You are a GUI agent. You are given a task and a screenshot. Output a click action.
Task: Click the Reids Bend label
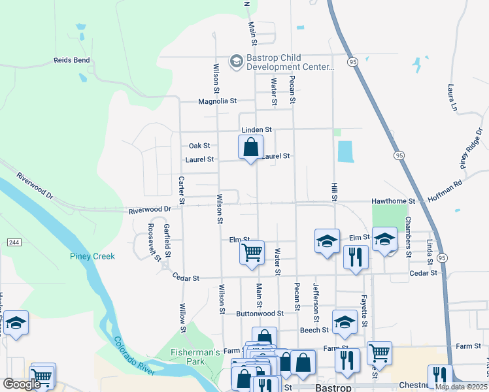(x=71, y=61)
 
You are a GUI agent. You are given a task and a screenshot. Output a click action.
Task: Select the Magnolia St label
(x=217, y=101)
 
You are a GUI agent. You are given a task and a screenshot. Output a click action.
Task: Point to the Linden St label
(x=256, y=131)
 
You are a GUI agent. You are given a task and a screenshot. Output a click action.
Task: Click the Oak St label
(x=199, y=146)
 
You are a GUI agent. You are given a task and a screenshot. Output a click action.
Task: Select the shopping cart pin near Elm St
(x=252, y=252)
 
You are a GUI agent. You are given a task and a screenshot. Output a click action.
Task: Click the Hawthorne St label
(x=394, y=201)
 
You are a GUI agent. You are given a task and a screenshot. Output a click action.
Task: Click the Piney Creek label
(x=92, y=256)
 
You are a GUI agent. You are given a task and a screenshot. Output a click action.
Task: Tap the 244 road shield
(x=13, y=242)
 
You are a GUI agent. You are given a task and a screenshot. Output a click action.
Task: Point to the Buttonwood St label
(x=260, y=314)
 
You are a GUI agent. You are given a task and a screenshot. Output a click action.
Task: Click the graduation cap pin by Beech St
(x=345, y=321)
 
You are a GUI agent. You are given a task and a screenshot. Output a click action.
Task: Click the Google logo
(x=22, y=384)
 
